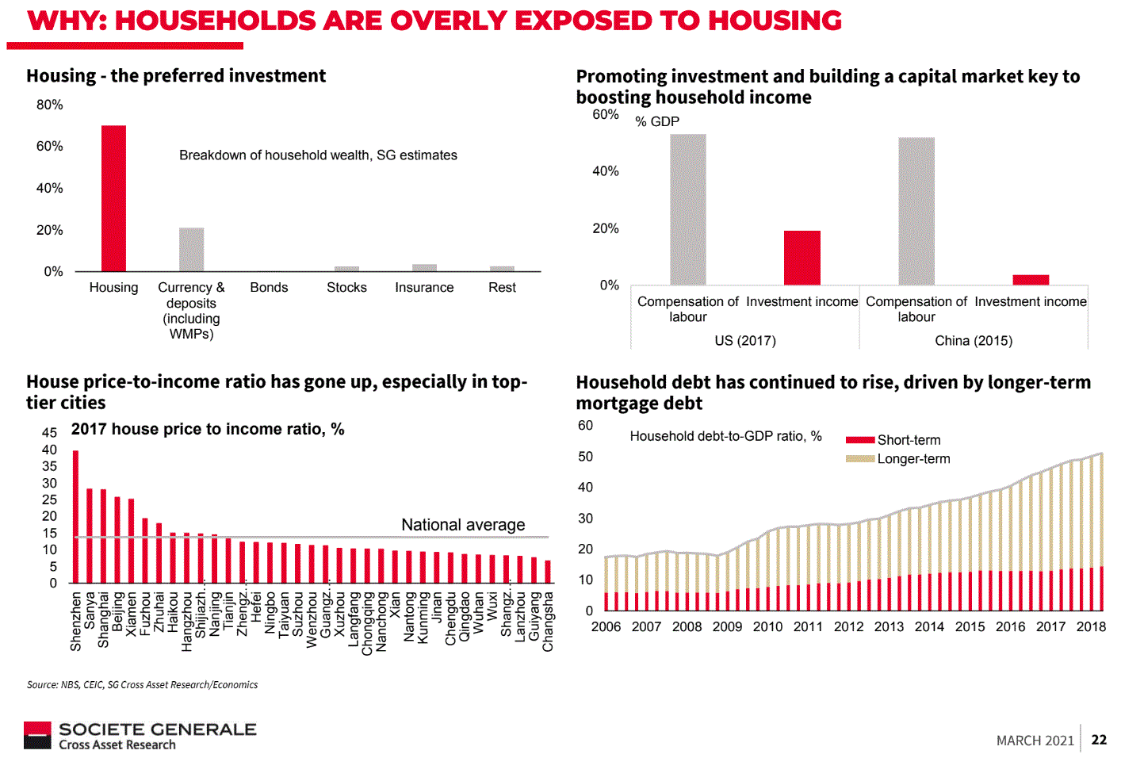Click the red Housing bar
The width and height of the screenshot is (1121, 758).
pos(113,198)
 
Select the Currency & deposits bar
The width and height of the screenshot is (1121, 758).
pos(191,250)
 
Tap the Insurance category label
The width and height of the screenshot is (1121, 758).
pos(424,287)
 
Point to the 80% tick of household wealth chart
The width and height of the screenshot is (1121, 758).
pos(50,105)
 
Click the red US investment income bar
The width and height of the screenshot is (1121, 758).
pos(802,258)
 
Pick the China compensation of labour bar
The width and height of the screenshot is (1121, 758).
pos(916,211)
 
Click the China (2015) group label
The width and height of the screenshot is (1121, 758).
pos(974,340)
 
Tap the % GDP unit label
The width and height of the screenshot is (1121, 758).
pos(657,121)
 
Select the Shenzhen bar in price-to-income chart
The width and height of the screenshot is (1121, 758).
pos(76,516)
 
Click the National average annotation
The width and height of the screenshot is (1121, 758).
pos(463,525)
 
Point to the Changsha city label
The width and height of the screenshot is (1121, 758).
pos(548,622)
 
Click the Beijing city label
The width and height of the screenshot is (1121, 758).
pos(117,611)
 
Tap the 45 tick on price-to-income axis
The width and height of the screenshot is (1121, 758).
pos(49,433)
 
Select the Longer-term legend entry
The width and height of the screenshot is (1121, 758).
pos(912,459)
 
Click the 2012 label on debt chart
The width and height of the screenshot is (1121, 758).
pos(848,626)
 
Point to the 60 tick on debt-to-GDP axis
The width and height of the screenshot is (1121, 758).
pos(585,426)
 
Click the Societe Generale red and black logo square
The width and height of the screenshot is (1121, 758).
pos(37,735)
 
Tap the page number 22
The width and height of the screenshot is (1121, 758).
pos(1099,740)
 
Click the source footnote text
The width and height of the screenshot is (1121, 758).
pos(143,684)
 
